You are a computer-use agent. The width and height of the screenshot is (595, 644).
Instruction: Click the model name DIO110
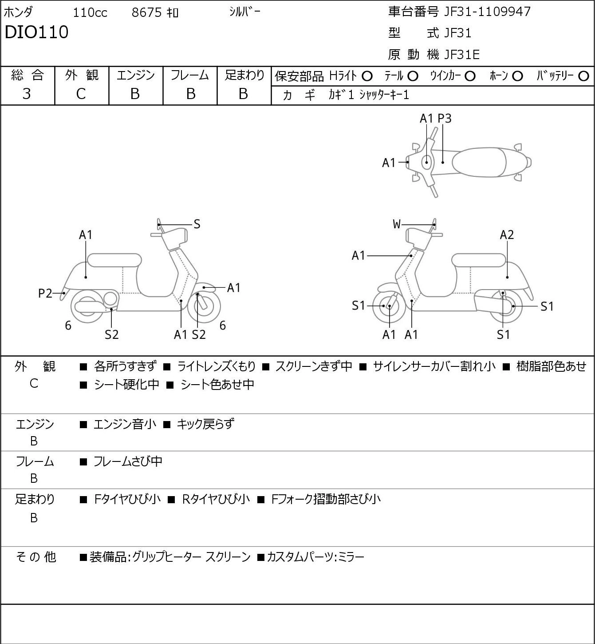[36, 32]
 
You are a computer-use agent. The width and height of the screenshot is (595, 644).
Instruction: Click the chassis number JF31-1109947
[487, 12]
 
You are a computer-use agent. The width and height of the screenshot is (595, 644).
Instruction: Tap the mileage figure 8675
[146, 12]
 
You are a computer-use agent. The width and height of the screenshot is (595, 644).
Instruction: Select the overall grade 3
[27, 94]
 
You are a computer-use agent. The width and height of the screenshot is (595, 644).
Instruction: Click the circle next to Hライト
[367, 76]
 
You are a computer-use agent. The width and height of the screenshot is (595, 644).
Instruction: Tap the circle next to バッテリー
[583, 76]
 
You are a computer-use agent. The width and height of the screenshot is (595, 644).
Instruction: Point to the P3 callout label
[444, 119]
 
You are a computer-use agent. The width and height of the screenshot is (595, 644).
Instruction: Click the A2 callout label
[507, 235]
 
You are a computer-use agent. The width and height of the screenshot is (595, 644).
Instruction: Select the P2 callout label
[45, 294]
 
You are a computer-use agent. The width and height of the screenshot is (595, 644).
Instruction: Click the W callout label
[397, 224]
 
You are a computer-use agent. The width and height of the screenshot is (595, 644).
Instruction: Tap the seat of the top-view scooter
[479, 162]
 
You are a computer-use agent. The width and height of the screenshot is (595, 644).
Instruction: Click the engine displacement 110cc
[90, 12]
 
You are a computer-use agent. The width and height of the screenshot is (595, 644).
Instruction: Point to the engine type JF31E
[461, 55]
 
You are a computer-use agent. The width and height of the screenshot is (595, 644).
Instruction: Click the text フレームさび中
[128, 461]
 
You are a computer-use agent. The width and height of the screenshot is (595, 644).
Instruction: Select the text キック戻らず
[205, 424]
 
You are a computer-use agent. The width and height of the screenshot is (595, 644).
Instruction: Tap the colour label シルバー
[244, 12]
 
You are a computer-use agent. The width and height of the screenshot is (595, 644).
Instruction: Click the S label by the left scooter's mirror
[197, 224]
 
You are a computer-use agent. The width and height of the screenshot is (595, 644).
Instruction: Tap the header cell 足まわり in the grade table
[244, 75]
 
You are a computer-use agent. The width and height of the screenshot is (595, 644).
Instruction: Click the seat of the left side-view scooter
[114, 260]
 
